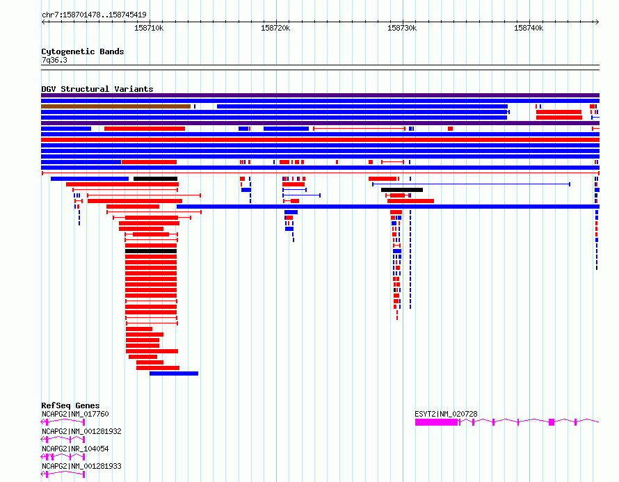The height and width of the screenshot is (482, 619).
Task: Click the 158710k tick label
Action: coord(149,28)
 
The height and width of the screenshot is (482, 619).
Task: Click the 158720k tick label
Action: coord(275,28)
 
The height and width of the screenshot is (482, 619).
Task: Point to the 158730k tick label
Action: coord(402,28)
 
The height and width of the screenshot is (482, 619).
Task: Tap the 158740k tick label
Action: coord(529,28)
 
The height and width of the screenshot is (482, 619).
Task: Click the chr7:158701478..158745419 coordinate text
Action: coord(94,15)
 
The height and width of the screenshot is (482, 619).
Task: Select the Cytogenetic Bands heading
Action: coord(83,51)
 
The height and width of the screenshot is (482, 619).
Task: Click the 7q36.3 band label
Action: coord(54,60)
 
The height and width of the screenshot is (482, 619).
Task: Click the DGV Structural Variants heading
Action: coord(97,89)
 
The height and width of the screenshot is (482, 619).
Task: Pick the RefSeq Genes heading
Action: coord(70,405)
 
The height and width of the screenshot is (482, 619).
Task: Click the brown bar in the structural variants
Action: coord(115,106)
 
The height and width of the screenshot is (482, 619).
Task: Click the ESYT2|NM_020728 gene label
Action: coord(446,414)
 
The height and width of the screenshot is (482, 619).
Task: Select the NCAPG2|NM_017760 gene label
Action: coord(75,414)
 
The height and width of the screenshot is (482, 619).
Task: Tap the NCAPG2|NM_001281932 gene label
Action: coord(81,431)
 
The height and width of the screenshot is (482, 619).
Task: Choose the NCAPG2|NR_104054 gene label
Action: coord(75,449)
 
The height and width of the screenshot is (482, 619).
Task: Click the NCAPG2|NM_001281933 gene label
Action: coord(81,466)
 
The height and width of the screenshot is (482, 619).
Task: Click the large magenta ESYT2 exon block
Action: coord(436,422)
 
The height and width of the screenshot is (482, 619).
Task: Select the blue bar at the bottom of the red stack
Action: coord(174,373)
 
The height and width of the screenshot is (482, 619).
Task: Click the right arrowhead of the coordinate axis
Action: coord(597,22)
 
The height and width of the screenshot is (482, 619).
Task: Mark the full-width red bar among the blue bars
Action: coord(320,140)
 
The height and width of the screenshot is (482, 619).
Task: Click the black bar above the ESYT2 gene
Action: coord(402,190)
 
